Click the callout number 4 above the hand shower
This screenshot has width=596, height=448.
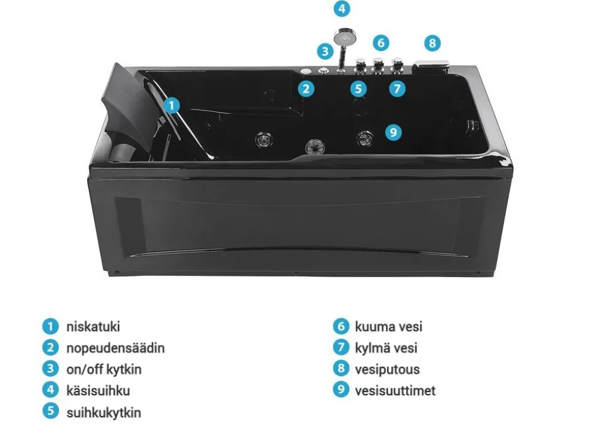[342, 9]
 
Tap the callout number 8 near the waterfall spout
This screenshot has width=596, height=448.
[432, 43]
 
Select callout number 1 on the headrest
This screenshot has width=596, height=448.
[172, 105]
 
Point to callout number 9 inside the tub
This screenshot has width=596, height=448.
[393, 132]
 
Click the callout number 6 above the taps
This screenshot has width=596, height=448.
[381, 42]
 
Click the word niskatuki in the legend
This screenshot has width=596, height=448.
[93, 327]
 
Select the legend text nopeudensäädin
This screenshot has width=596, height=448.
[116, 348]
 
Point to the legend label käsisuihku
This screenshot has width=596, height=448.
[98, 391]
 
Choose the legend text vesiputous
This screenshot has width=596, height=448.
[387, 369]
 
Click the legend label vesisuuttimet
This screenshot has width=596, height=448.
[395, 391]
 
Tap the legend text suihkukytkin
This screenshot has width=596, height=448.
[104, 412]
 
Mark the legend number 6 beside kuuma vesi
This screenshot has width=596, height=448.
[341, 326]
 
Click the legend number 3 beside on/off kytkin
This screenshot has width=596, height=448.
[50, 369]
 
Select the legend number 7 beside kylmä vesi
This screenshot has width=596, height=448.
[341, 347]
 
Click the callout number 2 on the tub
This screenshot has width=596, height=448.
[306, 89]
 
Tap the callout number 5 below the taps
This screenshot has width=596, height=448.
[358, 89]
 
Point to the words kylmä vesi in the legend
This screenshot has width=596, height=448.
[386, 348]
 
